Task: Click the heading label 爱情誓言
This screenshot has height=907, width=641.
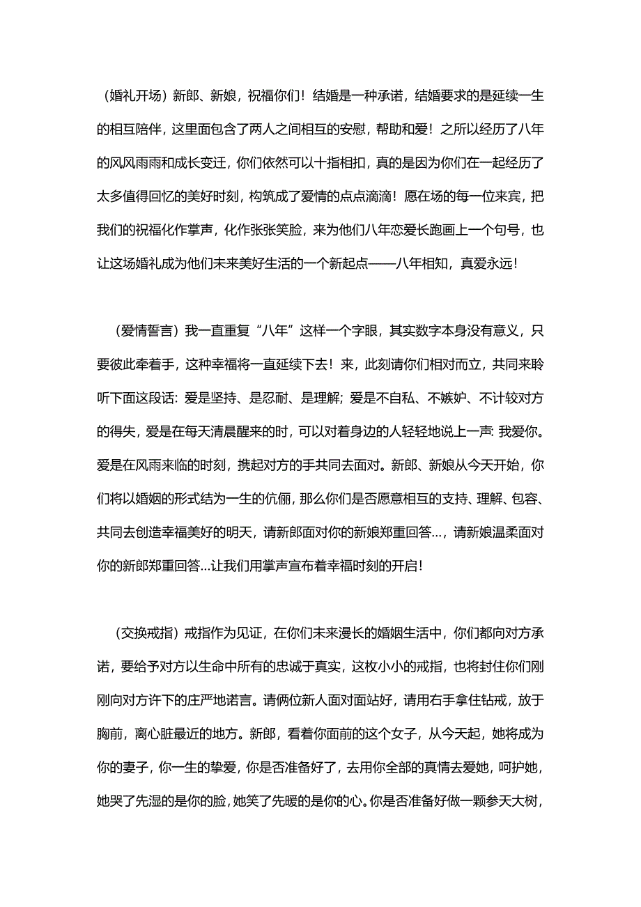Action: (145, 331)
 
